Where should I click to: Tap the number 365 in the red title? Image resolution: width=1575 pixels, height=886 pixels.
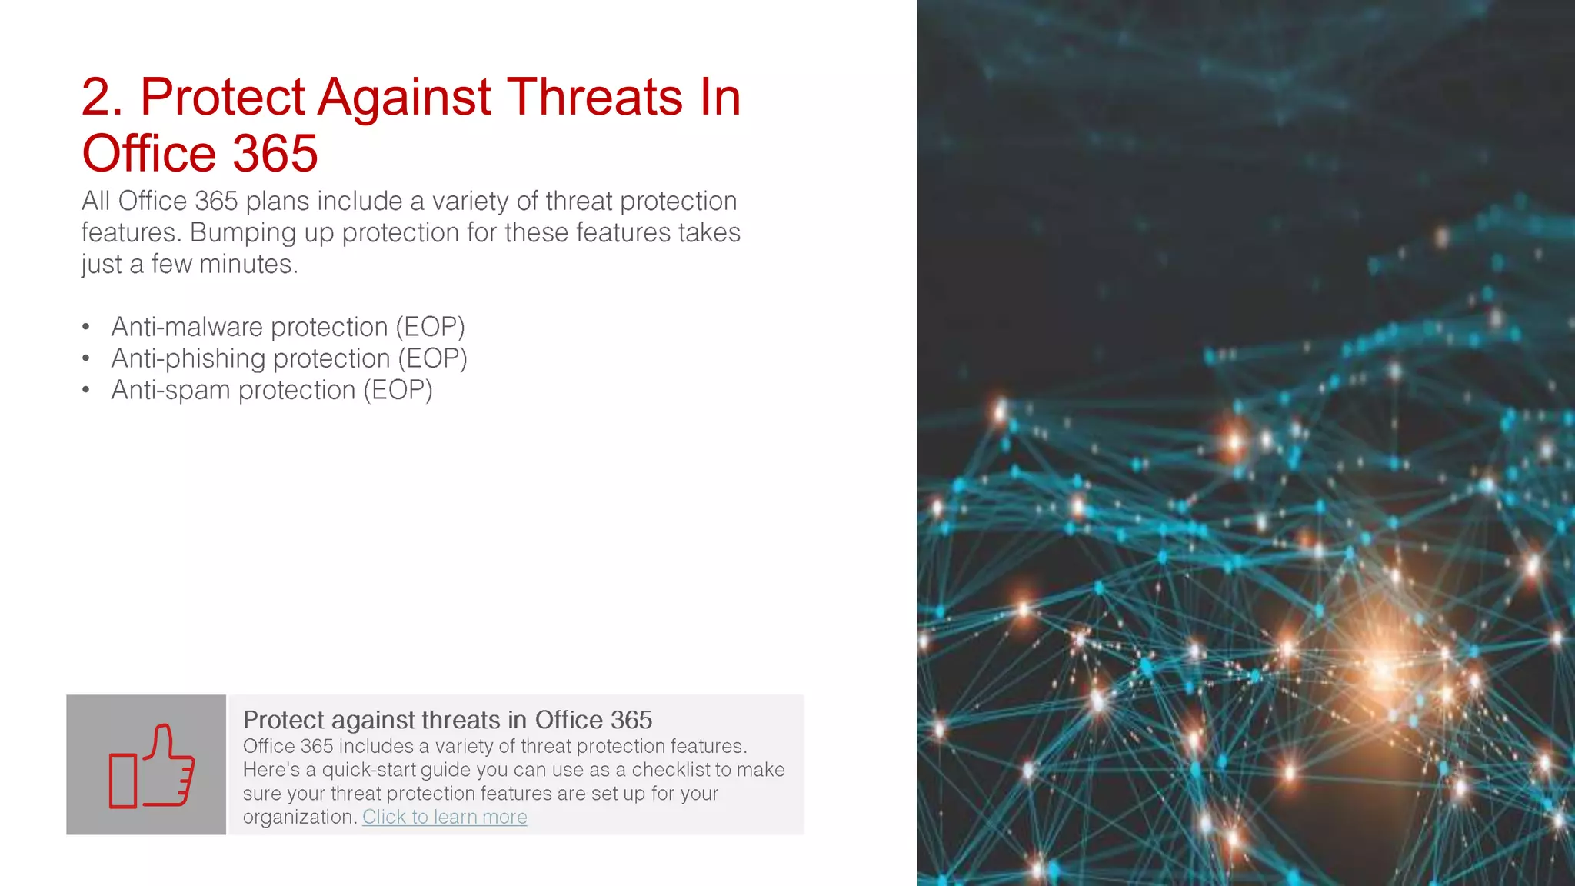pos(275,153)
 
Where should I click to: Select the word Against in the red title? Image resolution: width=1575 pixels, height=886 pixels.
pos(404,98)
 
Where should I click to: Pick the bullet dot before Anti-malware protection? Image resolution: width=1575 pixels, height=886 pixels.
pos(86,327)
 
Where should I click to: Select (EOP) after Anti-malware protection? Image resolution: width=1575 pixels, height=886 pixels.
pos(430,327)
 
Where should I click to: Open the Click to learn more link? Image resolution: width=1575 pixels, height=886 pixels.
pos(445,817)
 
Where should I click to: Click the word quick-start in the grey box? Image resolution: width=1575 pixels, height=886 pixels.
pos(369,770)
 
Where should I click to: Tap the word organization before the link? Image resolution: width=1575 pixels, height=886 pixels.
pos(298,817)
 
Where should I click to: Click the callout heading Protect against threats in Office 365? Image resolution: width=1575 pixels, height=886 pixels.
pos(447,720)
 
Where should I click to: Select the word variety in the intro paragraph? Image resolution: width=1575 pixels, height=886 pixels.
pos(470,201)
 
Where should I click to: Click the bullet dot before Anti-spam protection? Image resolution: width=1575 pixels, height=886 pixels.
pos(86,390)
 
